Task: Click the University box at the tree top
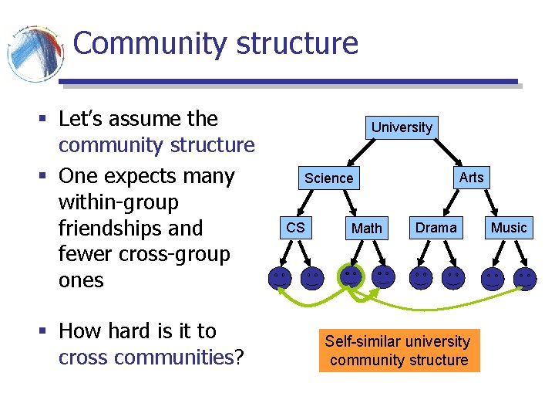tap(402, 127)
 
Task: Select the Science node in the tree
tap(328, 178)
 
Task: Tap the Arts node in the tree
tap(471, 178)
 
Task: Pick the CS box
tap(295, 228)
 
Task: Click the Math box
tap(366, 228)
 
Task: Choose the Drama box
tap(436, 227)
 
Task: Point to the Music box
tap(509, 227)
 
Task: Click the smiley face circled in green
tap(351, 276)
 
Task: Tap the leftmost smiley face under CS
tap(280, 278)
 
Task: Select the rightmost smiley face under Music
tap(525, 278)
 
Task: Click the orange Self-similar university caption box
tap(399, 351)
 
